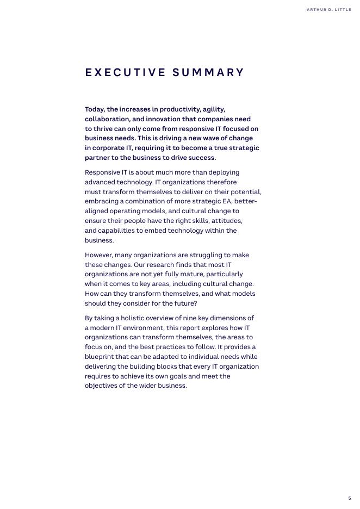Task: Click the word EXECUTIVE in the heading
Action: [x=125, y=73]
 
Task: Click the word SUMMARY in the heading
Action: [x=208, y=73]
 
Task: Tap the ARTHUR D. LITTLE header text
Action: [x=328, y=10]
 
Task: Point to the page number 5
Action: [x=350, y=498]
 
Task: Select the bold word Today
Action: [x=95, y=109]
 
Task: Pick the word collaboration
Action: [x=108, y=119]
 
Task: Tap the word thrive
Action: [x=104, y=129]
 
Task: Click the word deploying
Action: [x=222, y=172]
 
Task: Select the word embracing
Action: [x=101, y=202]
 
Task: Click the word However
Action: [x=100, y=255]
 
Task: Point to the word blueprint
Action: [x=102, y=357]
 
